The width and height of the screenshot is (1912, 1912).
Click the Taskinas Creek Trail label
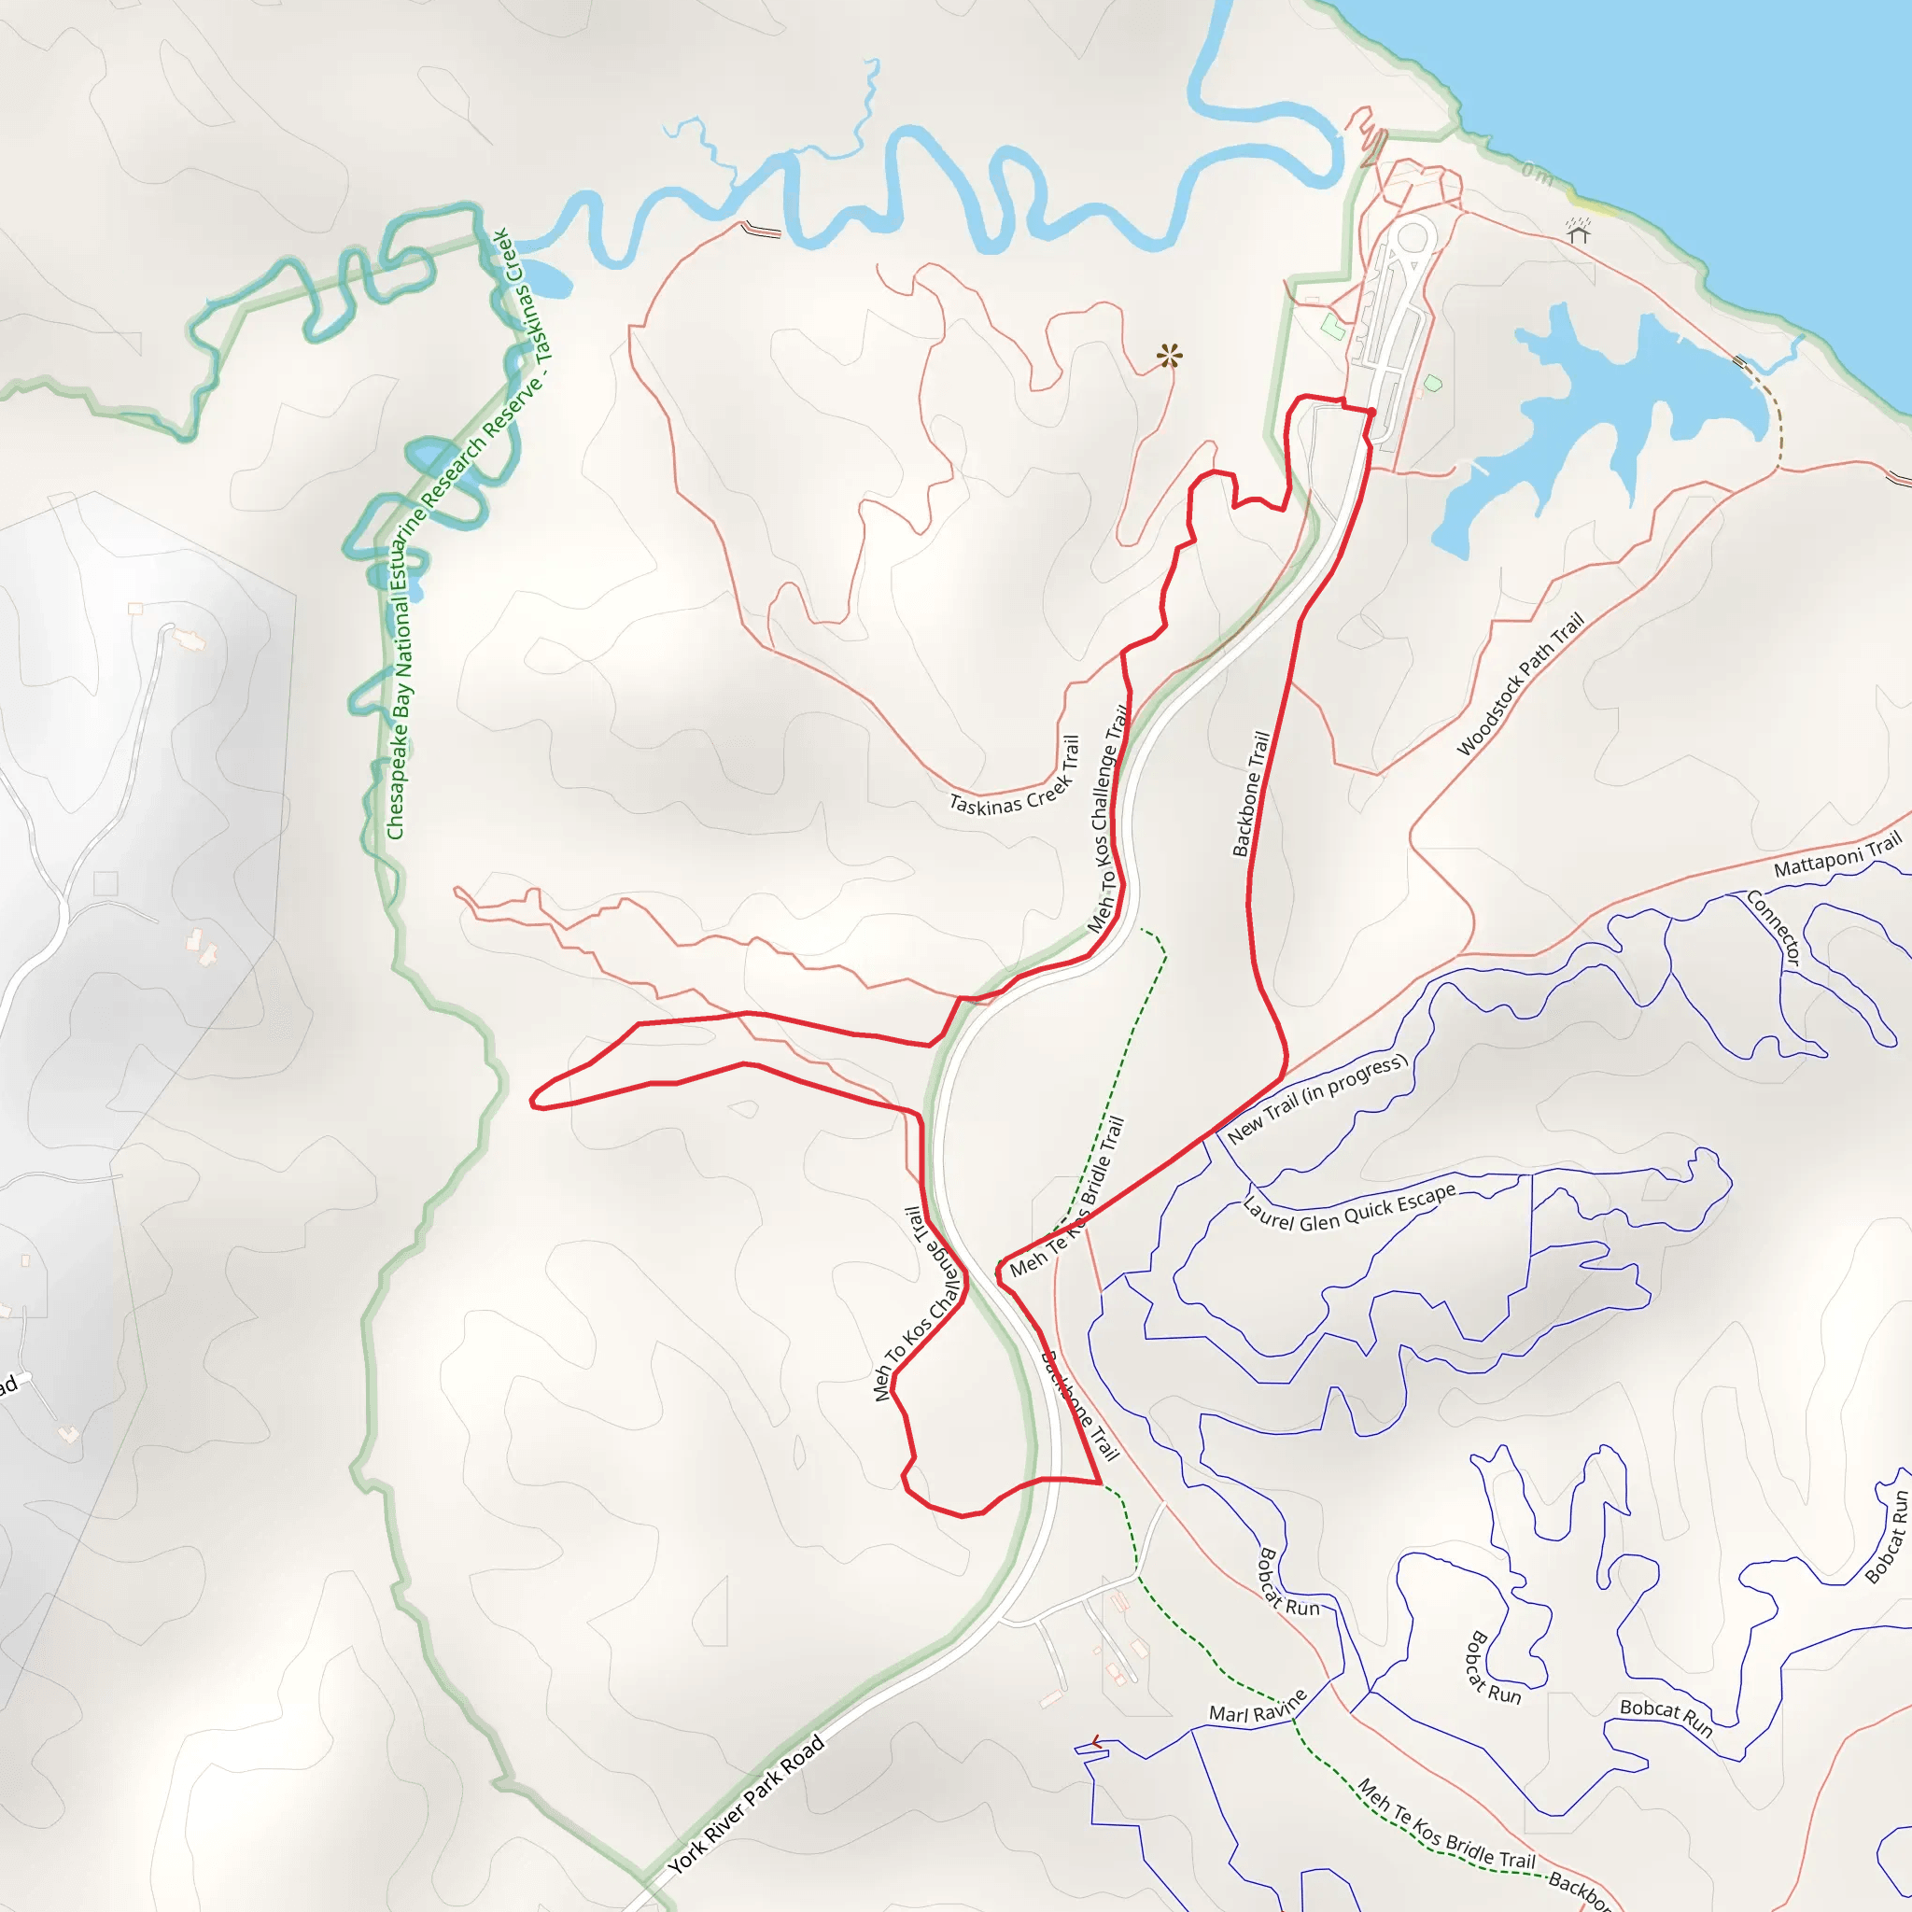point(1016,776)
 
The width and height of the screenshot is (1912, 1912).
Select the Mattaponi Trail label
point(1836,855)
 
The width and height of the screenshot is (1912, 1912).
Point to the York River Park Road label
point(745,1806)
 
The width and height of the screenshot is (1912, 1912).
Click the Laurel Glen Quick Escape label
point(1349,1207)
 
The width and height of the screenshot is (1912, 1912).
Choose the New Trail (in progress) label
point(1316,1099)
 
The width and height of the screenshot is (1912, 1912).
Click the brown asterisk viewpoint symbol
point(1170,356)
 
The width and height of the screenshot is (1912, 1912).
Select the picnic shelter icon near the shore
point(1579,231)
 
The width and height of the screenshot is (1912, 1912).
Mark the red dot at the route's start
point(1371,412)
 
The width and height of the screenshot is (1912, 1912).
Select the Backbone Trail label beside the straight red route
point(1251,793)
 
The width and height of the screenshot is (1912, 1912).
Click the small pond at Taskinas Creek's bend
point(544,279)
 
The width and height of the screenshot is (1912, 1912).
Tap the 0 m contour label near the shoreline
point(1537,175)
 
